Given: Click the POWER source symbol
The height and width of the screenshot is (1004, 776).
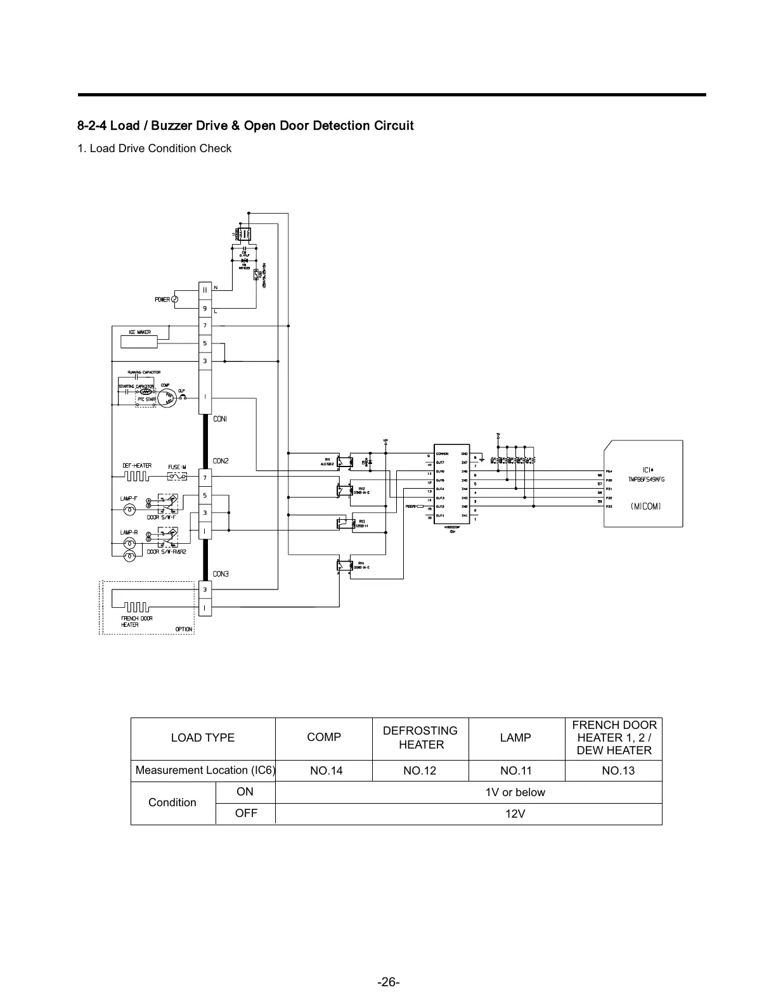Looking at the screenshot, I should (x=175, y=299).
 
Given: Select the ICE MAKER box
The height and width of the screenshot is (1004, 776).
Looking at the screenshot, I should (x=139, y=341).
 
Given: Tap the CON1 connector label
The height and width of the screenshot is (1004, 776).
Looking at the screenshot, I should (x=220, y=419).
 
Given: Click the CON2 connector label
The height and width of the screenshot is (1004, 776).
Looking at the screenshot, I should (x=221, y=461).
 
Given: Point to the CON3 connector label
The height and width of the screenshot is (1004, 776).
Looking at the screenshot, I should (x=221, y=574).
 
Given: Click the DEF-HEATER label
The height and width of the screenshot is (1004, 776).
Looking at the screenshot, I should (x=137, y=466).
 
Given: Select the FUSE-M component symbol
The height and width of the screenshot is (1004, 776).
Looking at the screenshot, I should (x=177, y=476).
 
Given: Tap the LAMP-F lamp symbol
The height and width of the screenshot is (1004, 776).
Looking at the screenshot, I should (x=129, y=509).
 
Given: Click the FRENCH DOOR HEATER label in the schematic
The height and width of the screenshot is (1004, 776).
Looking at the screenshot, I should (x=137, y=621).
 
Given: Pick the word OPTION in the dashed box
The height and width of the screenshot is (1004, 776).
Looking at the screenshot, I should (x=184, y=629).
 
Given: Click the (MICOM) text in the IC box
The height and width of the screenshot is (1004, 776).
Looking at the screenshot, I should (x=645, y=506).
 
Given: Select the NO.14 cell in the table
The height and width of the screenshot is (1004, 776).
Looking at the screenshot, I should (x=326, y=771).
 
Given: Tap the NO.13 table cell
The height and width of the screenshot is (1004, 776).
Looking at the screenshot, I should (x=614, y=771).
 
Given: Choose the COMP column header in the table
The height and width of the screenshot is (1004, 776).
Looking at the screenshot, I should (x=324, y=737).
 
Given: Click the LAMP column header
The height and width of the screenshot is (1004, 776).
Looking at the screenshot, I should (x=515, y=737).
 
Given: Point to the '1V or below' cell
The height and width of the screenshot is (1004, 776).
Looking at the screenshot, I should (x=515, y=792).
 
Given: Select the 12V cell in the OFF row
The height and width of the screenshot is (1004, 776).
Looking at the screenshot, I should (x=515, y=814).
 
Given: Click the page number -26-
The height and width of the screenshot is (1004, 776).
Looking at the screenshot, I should (x=388, y=982).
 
